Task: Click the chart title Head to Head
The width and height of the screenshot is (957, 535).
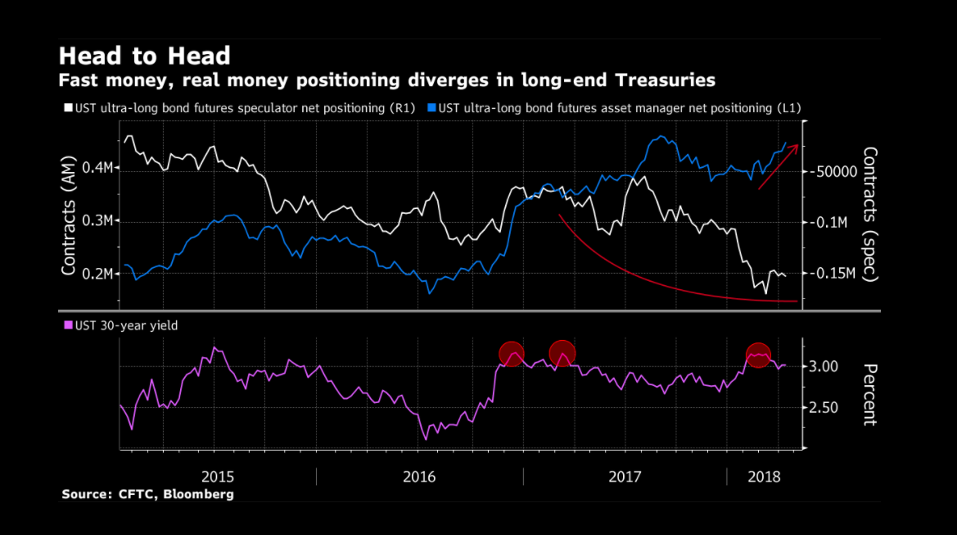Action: (x=144, y=56)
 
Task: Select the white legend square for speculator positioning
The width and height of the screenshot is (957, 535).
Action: (x=67, y=107)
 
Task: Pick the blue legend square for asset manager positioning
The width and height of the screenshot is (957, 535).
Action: (x=431, y=107)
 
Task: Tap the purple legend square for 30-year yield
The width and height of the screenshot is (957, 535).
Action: (x=67, y=325)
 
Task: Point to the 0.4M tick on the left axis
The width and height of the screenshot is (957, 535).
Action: (x=97, y=168)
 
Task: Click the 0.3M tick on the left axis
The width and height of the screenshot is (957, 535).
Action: (x=97, y=221)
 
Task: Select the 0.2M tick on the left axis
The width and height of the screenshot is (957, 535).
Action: (x=97, y=274)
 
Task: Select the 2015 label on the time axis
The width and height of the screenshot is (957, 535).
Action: (x=218, y=476)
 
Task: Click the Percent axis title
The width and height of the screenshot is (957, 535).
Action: (x=869, y=394)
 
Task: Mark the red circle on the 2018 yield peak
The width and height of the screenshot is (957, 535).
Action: (x=759, y=355)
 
